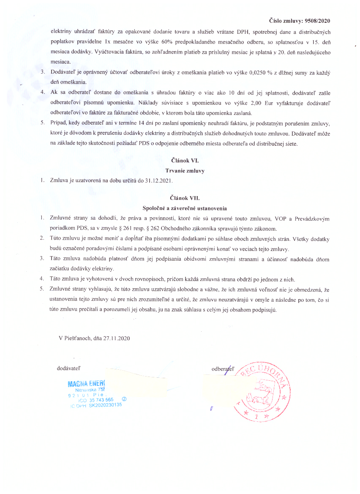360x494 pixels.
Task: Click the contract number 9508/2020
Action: pos(317,20)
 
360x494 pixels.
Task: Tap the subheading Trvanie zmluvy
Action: pos(182,170)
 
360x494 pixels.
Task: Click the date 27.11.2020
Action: pos(115,338)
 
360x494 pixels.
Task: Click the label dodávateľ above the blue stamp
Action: pos(69,368)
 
